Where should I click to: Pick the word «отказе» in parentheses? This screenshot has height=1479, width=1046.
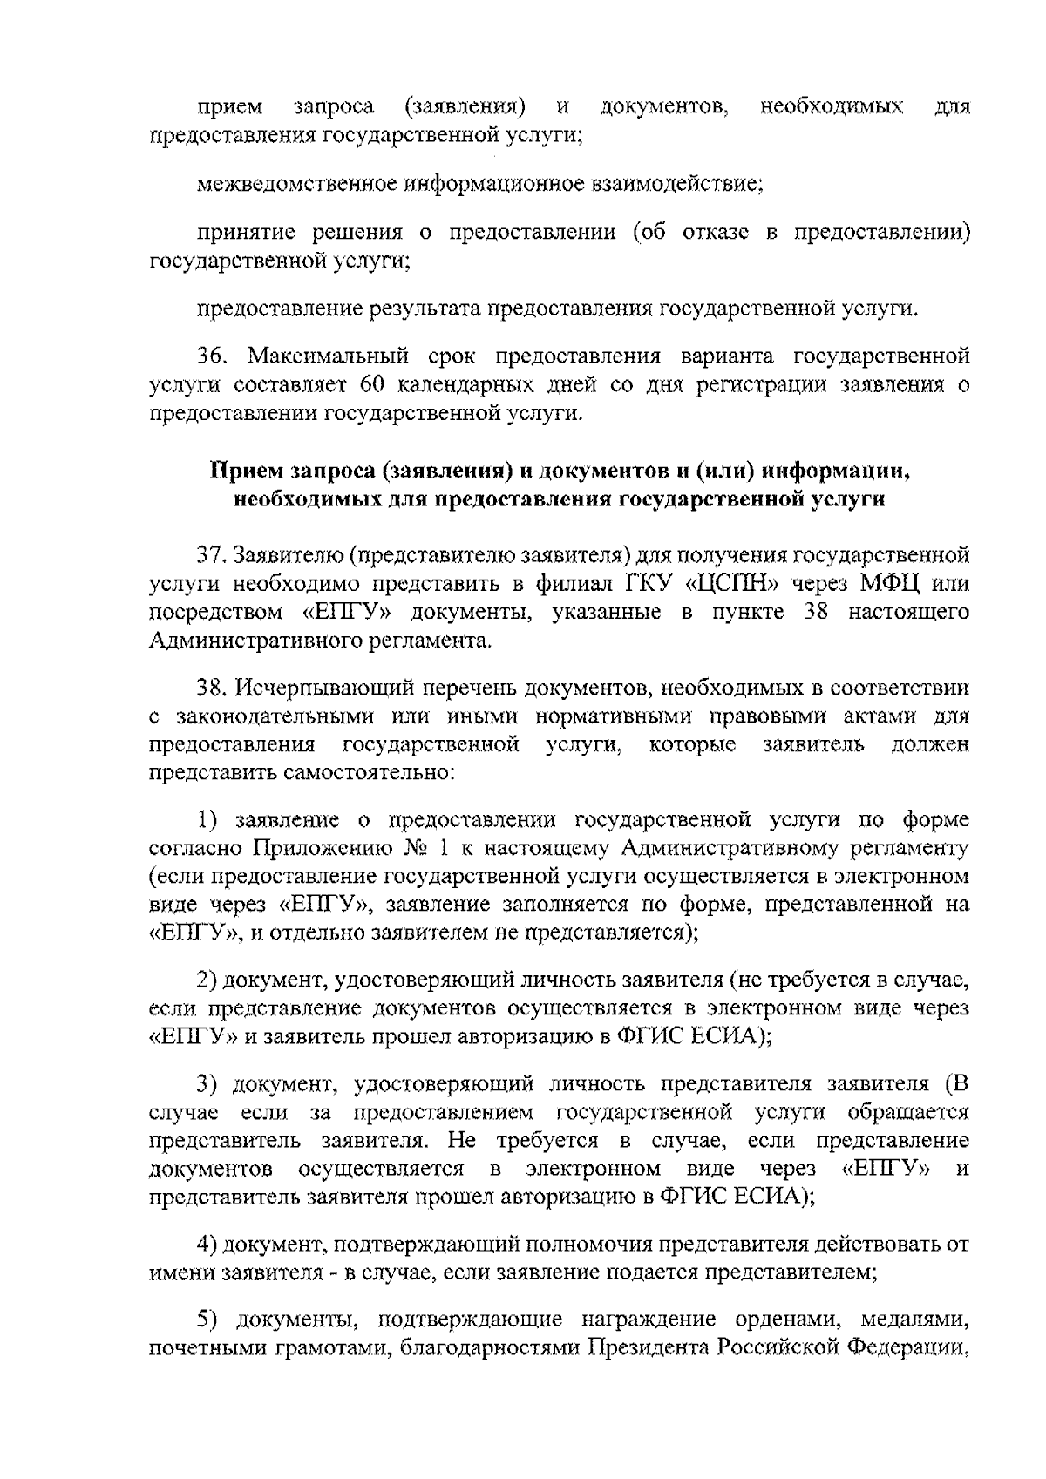point(715,233)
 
